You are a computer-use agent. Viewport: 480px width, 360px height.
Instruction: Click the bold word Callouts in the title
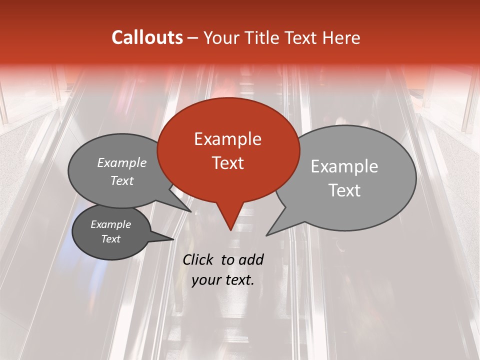pos(147,37)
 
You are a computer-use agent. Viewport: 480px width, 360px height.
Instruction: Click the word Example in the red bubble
pos(227,139)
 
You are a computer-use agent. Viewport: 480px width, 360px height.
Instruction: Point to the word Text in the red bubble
pos(227,163)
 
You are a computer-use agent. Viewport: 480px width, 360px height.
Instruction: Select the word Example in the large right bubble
pos(344,166)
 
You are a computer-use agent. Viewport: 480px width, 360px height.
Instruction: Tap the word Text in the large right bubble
pos(344,190)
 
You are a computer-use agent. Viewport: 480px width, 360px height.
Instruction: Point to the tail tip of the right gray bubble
pos(267,234)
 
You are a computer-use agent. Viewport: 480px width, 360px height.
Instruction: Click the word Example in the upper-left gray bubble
pos(122,162)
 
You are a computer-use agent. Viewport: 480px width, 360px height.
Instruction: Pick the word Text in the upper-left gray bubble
pos(122,180)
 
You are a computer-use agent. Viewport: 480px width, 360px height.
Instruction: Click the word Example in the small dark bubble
pos(110,224)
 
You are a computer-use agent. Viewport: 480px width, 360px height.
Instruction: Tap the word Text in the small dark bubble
pos(110,239)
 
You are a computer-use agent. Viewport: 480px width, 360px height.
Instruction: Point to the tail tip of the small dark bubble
pos(172,239)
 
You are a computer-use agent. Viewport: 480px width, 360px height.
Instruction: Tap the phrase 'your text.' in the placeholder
pos(223,280)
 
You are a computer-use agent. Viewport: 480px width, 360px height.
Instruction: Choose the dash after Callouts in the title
pos(193,37)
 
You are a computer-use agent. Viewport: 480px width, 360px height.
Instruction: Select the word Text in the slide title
pos(302,37)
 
